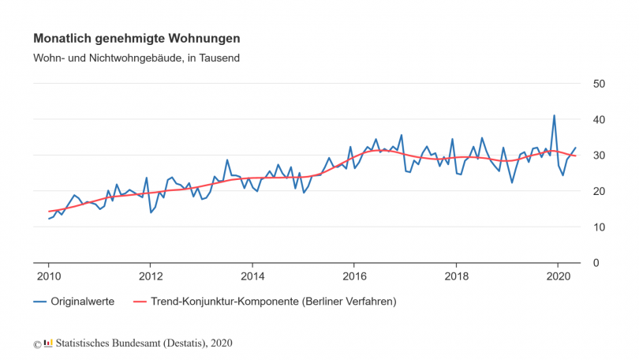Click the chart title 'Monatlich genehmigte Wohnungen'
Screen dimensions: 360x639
[x=136, y=38]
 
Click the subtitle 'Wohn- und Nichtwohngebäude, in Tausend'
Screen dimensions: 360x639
[x=136, y=58]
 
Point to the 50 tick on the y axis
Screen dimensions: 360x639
[x=600, y=84]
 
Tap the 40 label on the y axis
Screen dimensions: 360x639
[x=600, y=119]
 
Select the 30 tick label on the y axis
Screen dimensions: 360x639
[x=600, y=156]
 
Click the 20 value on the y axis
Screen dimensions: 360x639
[x=600, y=191]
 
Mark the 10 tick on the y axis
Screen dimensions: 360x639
[x=600, y=227]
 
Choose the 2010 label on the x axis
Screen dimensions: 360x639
[x=48, y=276]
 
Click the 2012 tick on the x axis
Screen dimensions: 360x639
[x=150, y=276]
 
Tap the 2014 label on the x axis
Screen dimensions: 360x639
[x=252, y=276]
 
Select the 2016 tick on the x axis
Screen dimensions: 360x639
[x=354, y=276]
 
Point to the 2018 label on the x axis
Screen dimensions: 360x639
[x=456, y=276]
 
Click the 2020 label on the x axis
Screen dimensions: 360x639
[x=558, y=276]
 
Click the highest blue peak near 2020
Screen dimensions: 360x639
[x=554, y=115]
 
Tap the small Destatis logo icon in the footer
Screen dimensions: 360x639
[x=48, y=343]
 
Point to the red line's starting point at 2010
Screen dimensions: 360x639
[x=49, y=212]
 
